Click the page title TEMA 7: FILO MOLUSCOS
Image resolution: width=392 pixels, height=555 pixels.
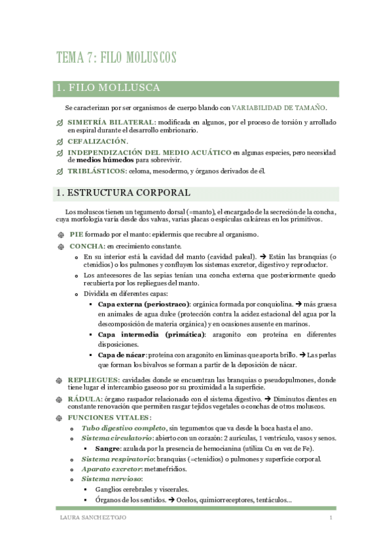tap(116, 58)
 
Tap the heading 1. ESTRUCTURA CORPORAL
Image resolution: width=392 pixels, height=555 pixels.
tap(123, 193)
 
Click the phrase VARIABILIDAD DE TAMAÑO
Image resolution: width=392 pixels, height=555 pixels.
tap(279, 107)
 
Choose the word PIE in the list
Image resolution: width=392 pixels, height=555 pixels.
tap(77, 234)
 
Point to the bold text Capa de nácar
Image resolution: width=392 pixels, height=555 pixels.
tap(121, 355)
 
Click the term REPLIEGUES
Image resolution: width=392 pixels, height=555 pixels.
tap(94, 380)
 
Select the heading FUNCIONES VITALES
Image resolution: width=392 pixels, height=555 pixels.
tap(109, 418)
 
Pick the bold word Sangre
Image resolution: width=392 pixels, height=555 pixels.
tap(108, 448)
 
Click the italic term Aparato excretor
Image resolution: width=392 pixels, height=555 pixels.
tap(111, 469)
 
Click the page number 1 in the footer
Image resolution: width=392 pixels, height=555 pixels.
tap(331, 518)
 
